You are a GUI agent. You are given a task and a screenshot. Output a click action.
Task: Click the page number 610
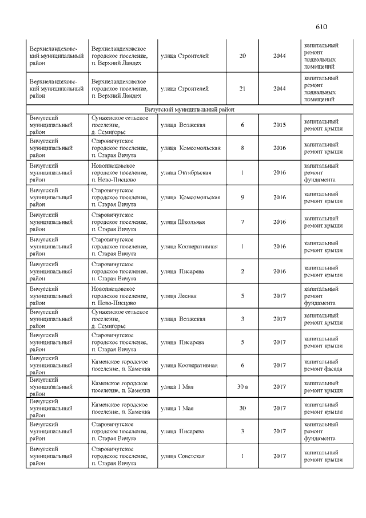[x=321, y=27]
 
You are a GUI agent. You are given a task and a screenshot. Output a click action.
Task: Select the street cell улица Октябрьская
[x=186, y=172]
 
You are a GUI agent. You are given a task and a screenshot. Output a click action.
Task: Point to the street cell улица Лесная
[x=179, y=296]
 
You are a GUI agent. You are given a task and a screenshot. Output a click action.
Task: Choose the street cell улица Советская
[x=183, y=456]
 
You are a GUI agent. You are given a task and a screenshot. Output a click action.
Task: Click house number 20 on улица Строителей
[x=242, y=56]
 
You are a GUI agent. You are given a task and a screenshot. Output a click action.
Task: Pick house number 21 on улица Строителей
[x=242, y=89]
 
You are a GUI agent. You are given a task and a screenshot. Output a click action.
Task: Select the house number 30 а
[x=242, y=387]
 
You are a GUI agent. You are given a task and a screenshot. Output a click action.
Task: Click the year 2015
[x=280, y=124]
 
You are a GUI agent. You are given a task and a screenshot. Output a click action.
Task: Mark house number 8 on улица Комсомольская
[x=242, y=148]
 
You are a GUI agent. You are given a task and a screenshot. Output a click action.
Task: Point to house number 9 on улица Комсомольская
[x=242, y=197]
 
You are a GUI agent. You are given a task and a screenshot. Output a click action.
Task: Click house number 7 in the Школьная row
[x=242, y=222]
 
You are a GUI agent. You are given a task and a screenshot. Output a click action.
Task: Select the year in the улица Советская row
[x=280, y=456]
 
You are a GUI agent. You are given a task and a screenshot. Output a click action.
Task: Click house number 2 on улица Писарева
[x=242, y=271]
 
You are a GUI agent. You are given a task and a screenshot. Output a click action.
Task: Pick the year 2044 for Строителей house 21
[x=280, y=89]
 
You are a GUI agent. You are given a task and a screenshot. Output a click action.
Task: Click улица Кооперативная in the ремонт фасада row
[x=189, y=365]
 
